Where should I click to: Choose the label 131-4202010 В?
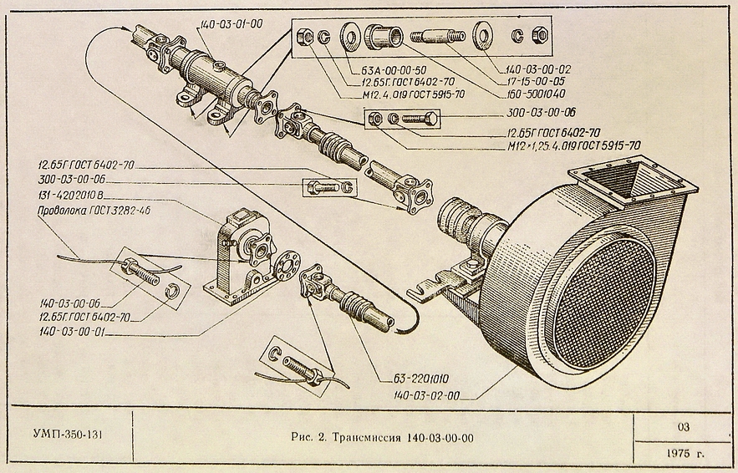(x=71, y=194)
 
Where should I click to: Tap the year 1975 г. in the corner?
(x=685, y=454)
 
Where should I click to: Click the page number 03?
(x=684, y=427)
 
